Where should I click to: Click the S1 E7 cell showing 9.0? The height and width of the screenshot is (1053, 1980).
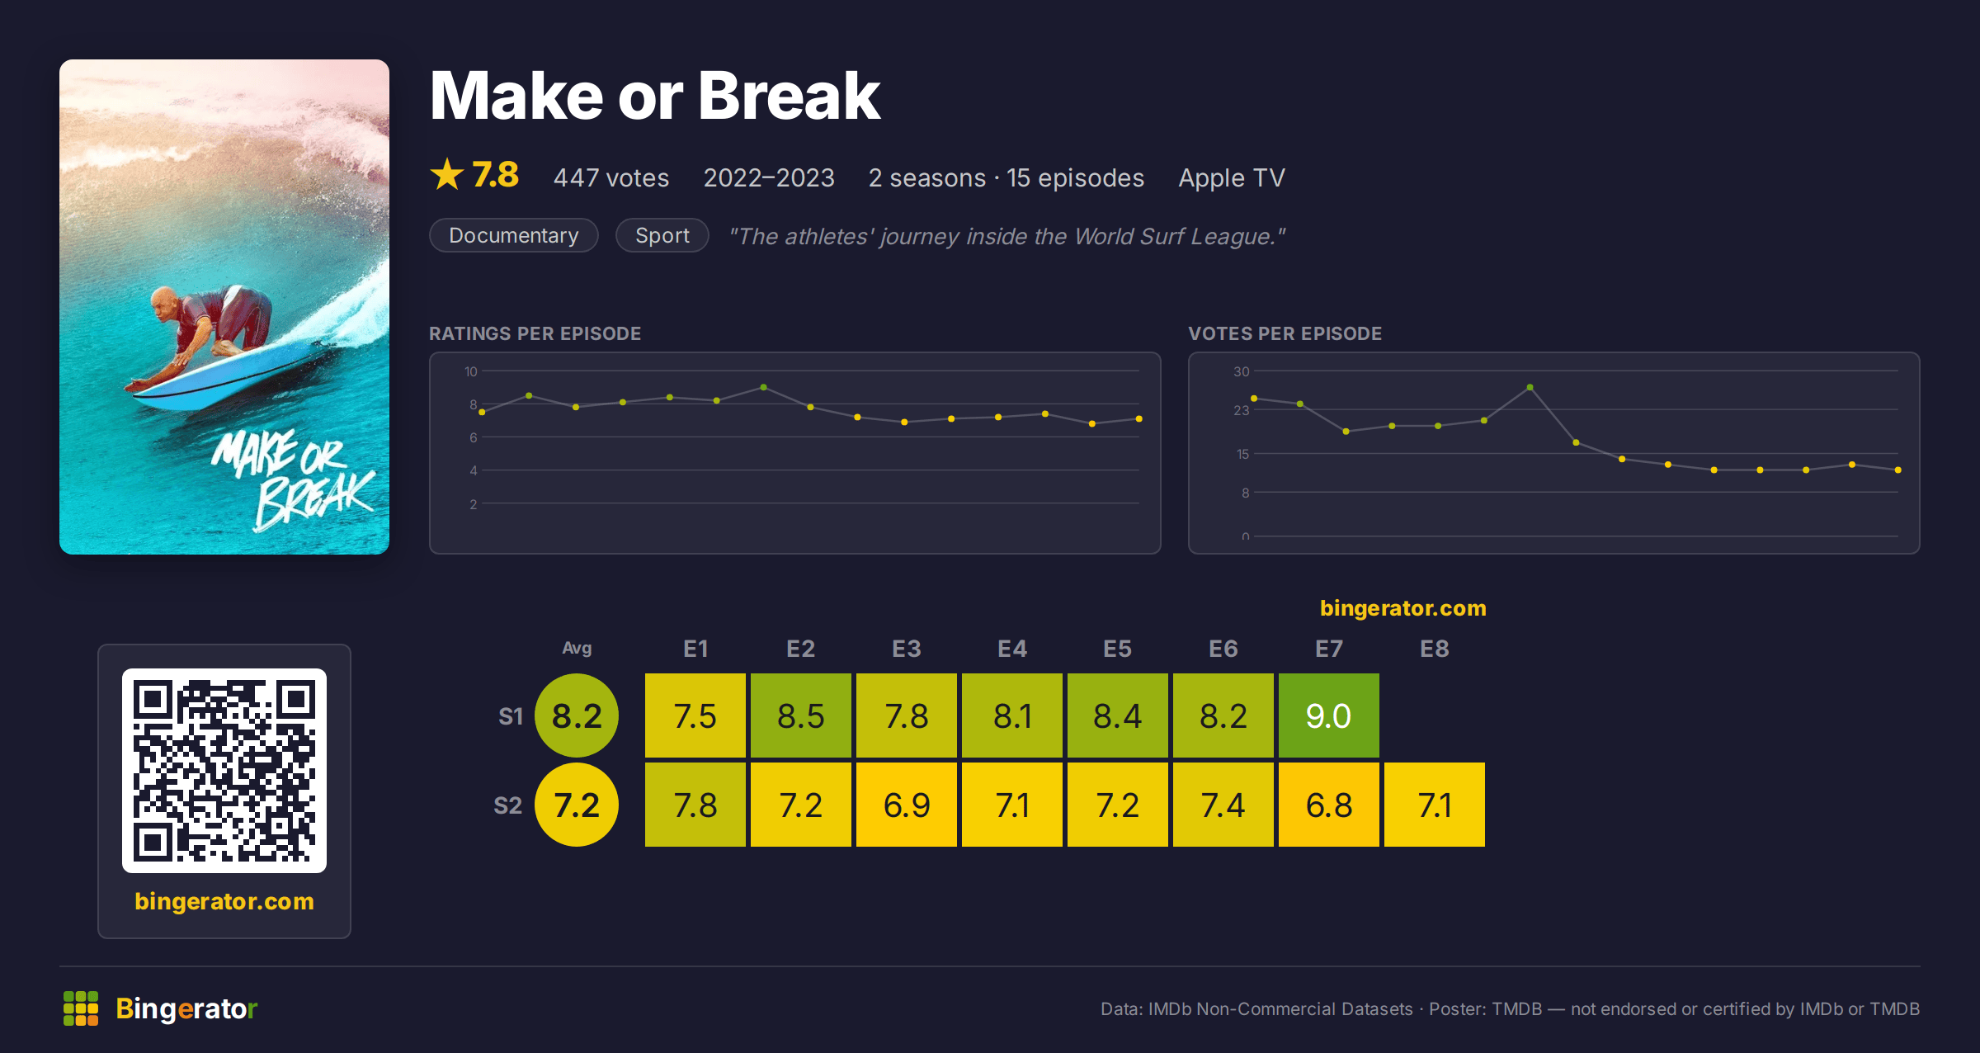(x=1328, y=715)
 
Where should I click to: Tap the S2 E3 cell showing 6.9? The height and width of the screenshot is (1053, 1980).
(x=906, y=805)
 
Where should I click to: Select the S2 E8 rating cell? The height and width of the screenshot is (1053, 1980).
(x=1434, y=805)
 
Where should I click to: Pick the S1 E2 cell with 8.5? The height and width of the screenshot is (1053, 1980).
(x=800, y=715)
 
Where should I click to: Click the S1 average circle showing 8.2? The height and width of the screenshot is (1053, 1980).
(x=577, y=715)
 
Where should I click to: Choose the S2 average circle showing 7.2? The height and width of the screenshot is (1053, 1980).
(x=577, y=805)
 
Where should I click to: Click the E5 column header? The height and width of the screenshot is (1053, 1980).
(x=1117, y=649)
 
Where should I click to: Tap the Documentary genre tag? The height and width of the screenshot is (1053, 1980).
(x=513, y=235)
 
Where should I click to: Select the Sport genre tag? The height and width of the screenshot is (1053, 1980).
(x=662, y=235)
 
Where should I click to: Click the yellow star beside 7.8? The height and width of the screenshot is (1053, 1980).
(x=447, y=174)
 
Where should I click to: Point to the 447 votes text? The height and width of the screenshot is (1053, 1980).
(x=611, y=177)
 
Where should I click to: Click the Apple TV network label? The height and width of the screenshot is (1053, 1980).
(x=1232, y=177)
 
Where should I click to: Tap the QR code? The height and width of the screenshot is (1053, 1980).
(x=224, y=771)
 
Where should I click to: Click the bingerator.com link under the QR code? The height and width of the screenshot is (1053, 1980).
(x=224, y=901)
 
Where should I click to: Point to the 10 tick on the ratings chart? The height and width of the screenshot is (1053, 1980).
(x=470, y=371)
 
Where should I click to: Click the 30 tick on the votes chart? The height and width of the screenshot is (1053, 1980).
(x=1241, y=371)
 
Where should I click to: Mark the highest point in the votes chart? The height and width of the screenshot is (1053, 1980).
(x=1530, y=387)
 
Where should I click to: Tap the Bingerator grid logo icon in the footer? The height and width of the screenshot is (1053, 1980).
(x=81, y=1008)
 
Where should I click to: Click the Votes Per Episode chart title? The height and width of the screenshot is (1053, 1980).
(x=1285, y=333)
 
